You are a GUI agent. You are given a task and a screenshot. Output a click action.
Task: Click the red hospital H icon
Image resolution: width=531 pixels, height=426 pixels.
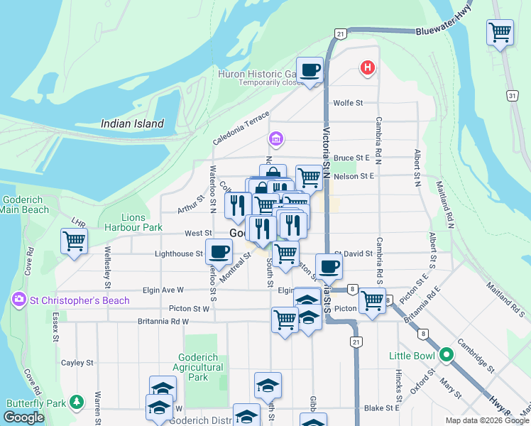pyautogui.click(x=367, y=68)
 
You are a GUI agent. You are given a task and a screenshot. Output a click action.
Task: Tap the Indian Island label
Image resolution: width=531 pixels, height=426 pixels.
pyautogui.click(x=132, y=124)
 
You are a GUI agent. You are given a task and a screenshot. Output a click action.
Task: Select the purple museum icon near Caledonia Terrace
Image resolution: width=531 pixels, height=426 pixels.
pyautogui.click(x=275, y=138)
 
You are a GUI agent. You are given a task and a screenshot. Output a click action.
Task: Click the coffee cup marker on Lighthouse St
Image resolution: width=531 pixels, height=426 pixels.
pyautogui.click(x=219, y=251)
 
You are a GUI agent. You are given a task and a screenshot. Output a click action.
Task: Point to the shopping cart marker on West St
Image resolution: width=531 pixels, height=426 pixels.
pyautogui.click(x=74, y=241)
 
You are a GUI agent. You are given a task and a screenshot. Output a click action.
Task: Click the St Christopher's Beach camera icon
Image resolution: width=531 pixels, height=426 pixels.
pyautogui.click(x=18, y=300)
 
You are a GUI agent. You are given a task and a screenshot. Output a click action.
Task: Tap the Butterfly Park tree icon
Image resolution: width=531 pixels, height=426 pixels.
pyautogui.click(x=77, y=403)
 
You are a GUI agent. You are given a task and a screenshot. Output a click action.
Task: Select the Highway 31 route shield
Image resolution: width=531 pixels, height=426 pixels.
pyautogui.click(x=513, y=94)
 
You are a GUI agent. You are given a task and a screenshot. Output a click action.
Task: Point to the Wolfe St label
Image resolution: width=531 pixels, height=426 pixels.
pyautogui.click(x=348, y=103)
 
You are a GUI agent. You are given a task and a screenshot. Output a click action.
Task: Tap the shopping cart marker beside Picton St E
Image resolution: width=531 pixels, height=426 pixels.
pyautogui.click(x=372, y=300)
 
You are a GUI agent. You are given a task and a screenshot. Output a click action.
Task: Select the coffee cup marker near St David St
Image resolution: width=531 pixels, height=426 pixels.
pyautogui.click(x=329, y=266)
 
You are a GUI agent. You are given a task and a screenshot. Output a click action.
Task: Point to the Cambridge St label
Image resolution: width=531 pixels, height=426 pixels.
pyautogui.click(x=476, y=359)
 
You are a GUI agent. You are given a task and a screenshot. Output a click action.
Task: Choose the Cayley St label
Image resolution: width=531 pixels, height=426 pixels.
pyautogui.click(x=77, y=363)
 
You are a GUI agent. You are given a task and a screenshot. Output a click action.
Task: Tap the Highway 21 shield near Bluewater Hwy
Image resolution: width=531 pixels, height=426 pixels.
pyautogui.click(x=341, y=33)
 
